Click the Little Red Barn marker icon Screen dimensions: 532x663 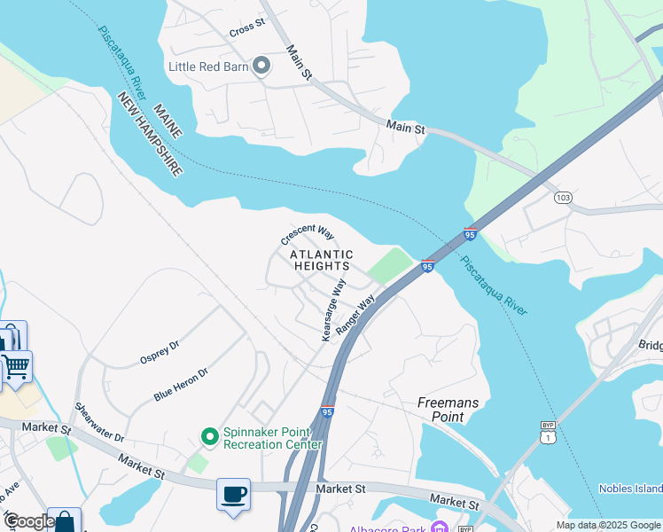click(261, 66)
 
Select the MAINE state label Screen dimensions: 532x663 click(167, 121)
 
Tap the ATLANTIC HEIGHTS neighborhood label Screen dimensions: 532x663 click(321, 261)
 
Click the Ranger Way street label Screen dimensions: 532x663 click(355, 312)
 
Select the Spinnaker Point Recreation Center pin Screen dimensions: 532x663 click(209, 435)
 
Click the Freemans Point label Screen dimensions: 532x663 click(448, 410)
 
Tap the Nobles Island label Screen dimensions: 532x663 click(630, 489)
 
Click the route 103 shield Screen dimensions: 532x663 click(561, 197)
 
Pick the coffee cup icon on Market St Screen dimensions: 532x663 click(234, 494)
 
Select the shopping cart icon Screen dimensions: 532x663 click(15, 365)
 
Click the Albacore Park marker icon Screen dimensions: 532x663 click(438, 528)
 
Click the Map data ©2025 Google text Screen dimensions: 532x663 click(608, 525)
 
